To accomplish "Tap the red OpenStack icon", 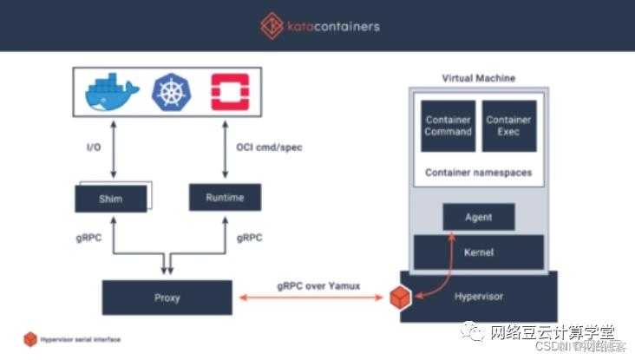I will point(228,93).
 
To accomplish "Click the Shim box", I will point(110,199).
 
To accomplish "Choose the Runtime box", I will point(225,198).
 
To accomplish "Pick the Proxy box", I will point(167,297).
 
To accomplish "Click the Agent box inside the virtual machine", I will point(478,216).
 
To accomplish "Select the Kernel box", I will point(478,252).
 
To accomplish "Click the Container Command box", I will point(448,126).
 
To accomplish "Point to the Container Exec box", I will point(507,126).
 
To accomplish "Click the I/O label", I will point(94,147).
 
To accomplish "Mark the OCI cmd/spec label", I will point(270,147).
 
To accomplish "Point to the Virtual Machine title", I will point(478,78).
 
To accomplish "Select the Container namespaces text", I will point(478,173).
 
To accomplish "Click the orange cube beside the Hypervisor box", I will point(399,297).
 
